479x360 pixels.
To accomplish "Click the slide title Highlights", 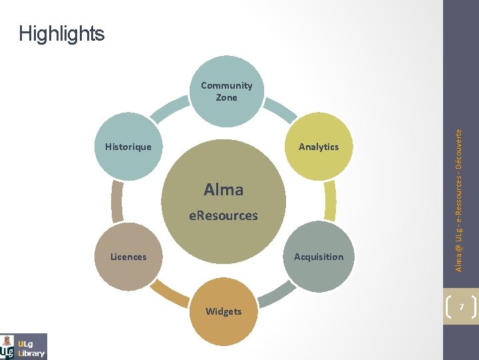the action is [62, 33].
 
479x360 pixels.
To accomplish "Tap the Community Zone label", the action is [226, 91].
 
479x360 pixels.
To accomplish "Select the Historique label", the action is [128, 147].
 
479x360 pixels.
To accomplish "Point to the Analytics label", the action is [319, 147].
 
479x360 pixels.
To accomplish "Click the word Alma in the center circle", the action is [224, 190].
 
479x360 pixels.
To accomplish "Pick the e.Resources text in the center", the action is [224, 215].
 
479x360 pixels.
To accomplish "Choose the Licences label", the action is [128, 257].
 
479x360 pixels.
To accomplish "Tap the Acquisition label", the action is [319, 257].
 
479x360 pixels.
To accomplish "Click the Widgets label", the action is [224, 311].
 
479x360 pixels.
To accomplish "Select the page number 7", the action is [460, 305].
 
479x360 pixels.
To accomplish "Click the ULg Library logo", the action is [24, 346].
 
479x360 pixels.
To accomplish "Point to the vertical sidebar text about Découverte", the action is [459, 200].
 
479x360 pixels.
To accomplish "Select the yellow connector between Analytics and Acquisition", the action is [329, 201].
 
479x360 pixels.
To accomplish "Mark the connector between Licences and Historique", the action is [118, 201].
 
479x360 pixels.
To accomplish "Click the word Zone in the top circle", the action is [226, 97].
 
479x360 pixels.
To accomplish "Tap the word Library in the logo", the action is [31, 353].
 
